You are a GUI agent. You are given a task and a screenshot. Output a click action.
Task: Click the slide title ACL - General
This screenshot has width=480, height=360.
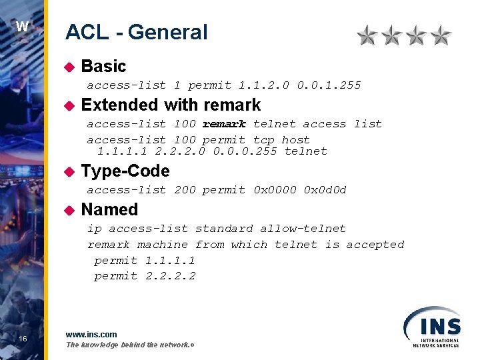click(136, 32)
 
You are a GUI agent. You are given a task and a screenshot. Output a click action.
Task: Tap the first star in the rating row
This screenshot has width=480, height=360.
click(367, 35)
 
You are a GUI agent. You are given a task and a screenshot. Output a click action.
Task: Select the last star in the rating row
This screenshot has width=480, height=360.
click(441, 35)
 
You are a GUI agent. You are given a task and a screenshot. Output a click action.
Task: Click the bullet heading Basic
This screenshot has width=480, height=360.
click(103, 66)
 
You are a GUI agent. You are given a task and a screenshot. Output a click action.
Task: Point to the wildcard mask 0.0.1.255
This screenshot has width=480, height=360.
click(329, 85)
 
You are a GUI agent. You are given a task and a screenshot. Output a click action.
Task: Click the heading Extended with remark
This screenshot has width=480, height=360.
click(171, 105)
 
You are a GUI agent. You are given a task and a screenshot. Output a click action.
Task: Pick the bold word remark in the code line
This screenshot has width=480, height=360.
click(224, 124)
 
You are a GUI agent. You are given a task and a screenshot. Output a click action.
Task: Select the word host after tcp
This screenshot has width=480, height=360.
click(295, 140)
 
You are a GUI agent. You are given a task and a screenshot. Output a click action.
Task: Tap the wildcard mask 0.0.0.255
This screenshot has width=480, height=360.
click(245, 151)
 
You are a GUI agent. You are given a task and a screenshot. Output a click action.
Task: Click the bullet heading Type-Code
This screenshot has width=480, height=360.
click(125, 171)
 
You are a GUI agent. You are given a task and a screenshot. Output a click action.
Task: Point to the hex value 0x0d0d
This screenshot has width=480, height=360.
click(325, 190)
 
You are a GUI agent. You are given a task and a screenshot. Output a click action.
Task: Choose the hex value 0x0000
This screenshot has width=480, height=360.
click(275, 190)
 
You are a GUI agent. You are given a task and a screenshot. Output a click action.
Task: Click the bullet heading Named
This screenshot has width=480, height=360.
click(109, 209)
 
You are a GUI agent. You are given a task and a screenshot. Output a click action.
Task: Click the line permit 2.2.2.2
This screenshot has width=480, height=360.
click(145, 276)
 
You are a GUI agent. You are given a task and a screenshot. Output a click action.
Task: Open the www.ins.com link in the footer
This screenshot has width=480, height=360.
click(91, 334)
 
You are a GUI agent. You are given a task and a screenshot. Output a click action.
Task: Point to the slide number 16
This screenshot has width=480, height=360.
click(23, 339)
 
